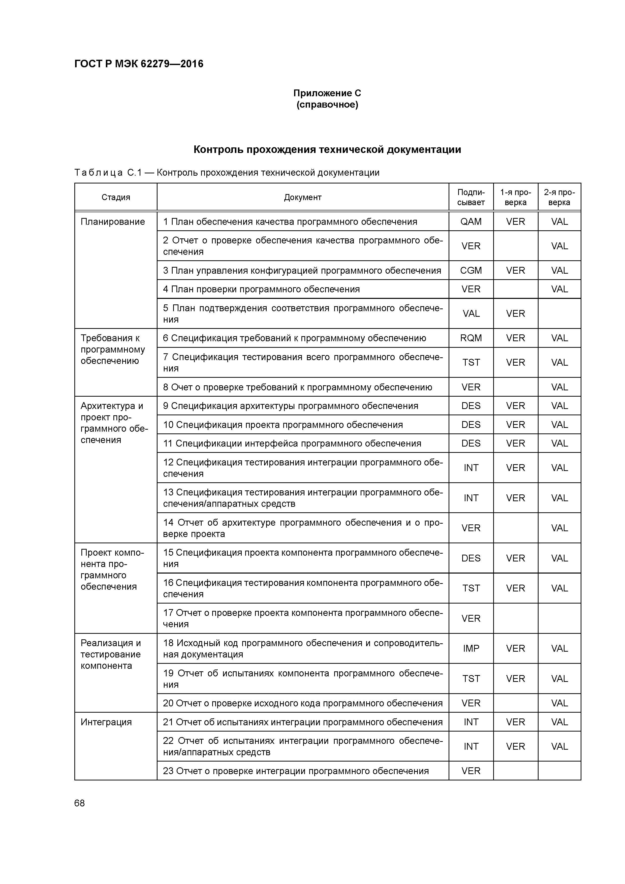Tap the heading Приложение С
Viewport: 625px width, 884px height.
pyautogui.click(x=327, y=93)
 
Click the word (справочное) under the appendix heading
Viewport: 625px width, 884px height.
pyautogui.click(x=327, y=105)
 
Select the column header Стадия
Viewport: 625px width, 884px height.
pyautogui.click(x=115, y=197)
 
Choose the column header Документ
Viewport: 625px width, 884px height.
pyautogui.click(x=303, y=197)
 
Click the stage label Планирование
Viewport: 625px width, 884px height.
pyautogui.click(x=112, y=222)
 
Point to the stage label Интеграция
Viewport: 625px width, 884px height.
pyautogui.click(x=106, y=722)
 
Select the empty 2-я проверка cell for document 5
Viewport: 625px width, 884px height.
pyautogui.click(x=559, y=313)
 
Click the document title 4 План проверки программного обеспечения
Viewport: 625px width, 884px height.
pyautogui.click(x=261, y=289)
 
